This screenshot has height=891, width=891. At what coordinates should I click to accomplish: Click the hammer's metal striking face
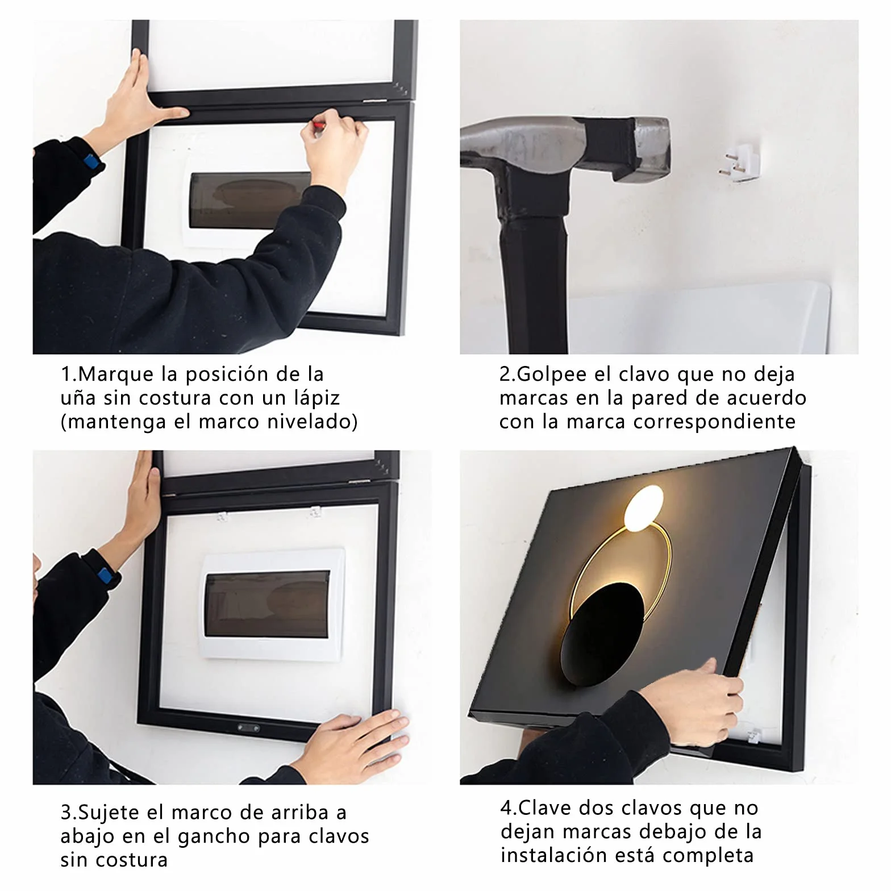point(652,149)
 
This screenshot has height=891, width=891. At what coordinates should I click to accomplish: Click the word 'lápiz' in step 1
point(317,398)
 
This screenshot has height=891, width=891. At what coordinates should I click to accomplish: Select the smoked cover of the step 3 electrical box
point(267,605)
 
